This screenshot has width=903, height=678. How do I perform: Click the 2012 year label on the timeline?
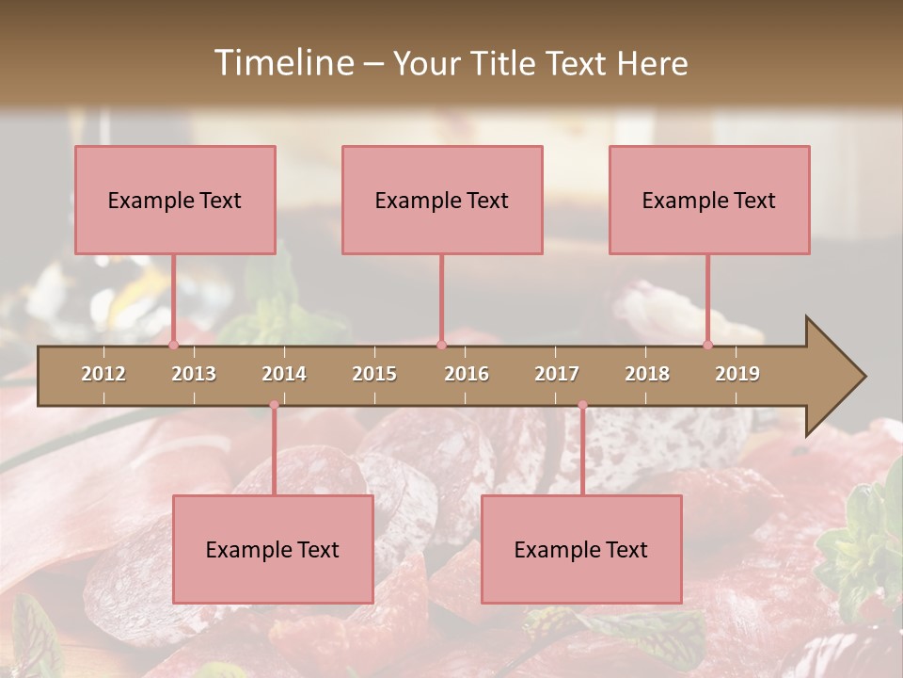coord(103,374)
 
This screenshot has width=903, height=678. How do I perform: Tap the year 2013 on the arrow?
coord(194,374)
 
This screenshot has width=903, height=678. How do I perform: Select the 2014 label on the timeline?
coord(284,374)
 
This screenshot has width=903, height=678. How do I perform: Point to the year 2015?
coord(374,374)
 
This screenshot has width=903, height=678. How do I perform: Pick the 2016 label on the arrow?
coord(467,374)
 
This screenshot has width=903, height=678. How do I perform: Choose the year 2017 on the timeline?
coord(557,374)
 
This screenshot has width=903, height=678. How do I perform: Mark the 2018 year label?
coord(647,374)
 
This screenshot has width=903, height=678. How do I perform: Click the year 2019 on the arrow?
coord(737,374)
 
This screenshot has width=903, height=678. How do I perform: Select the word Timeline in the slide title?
coord(283,63)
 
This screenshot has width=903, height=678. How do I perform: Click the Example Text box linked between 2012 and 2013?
coord(175,200)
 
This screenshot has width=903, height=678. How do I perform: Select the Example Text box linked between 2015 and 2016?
coord(442,200)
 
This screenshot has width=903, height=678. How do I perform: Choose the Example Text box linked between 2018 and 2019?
coord(709,200)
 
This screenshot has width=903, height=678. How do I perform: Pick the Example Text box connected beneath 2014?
coord(273,549)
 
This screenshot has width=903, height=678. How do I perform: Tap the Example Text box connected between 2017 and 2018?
coord(581,549)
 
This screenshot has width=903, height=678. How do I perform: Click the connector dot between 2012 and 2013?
coord(173,345)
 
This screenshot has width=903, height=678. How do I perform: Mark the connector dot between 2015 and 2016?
coord(441,345)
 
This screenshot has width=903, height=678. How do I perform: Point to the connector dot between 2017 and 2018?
coord(582,405)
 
